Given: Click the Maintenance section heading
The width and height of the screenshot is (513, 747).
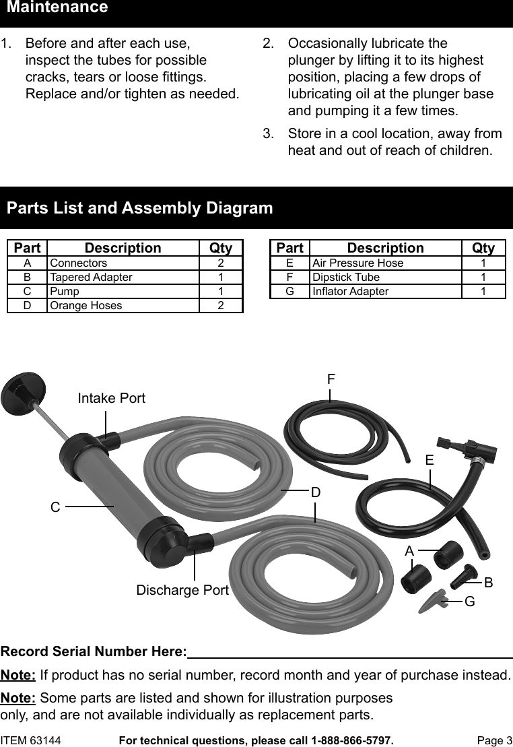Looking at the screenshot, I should click(57, 8).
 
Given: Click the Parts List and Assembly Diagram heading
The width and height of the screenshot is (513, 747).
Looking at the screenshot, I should click(139, 208).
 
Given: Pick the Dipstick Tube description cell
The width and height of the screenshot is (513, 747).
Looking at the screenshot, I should click(346, 277).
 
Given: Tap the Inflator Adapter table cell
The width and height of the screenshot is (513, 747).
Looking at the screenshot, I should click(350, 291).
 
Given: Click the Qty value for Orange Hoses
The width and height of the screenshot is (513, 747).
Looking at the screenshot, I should click(220, 305).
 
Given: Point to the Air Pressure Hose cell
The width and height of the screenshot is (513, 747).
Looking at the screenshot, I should click(358, 263).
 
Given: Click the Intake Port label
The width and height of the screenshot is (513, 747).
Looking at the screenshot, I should click(111, 398).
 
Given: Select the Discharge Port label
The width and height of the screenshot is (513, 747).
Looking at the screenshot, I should click(182, 590).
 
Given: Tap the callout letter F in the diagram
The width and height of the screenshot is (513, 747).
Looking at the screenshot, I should click(331, 380).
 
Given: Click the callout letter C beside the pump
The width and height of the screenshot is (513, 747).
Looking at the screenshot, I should click(55, 507).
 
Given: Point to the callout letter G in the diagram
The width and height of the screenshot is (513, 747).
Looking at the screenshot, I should click(469, 600).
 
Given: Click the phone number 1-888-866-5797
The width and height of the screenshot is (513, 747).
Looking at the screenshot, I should click(351, 740).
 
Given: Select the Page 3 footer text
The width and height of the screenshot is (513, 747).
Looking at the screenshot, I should click(494, 740).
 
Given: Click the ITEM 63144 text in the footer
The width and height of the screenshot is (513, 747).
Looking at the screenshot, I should click(31, 740).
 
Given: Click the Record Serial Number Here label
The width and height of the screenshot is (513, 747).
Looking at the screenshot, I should click(94, 651).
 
